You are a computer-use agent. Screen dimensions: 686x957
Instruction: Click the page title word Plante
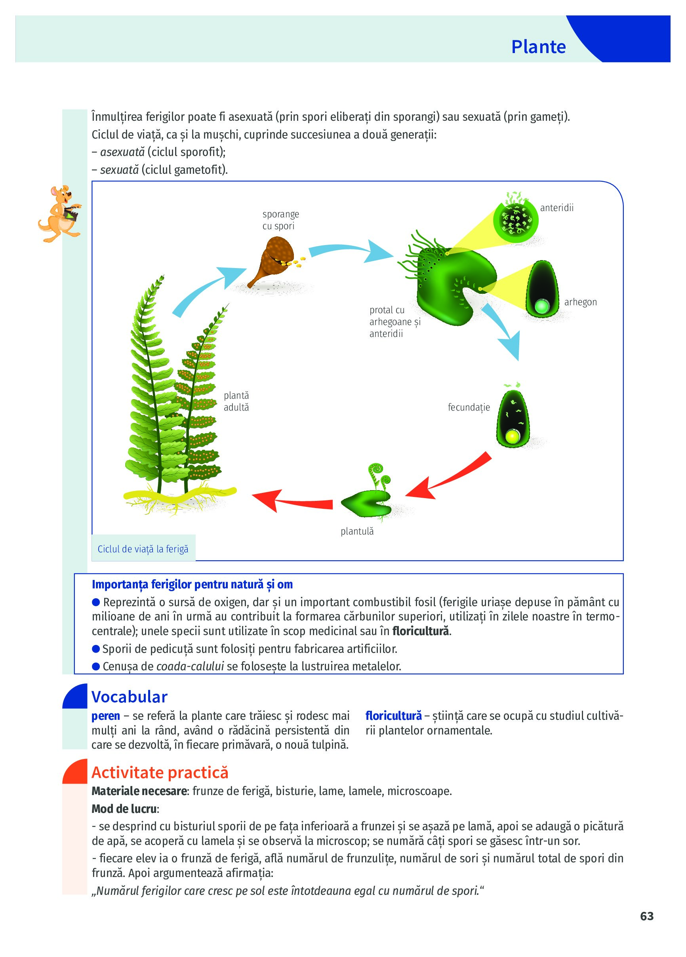pos(538,47)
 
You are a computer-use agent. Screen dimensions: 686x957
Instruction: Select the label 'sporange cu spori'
pos(280,220)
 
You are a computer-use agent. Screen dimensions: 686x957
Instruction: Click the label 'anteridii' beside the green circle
pos(557,207)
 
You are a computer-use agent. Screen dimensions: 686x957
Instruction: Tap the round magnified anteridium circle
pos(516,220)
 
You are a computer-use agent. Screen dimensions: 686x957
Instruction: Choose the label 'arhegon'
pos(581,302)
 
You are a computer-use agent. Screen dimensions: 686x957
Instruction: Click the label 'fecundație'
pos(469,407)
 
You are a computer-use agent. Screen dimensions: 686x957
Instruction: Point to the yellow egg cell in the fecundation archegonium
pos(513,436)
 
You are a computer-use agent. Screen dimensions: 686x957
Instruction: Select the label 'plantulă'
pos(357,531)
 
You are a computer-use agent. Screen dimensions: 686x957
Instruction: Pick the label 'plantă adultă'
pos(236,401)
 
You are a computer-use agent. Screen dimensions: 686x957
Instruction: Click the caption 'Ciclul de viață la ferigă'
pos(143,549)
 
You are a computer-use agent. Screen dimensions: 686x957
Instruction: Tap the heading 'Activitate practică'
pos(160,772)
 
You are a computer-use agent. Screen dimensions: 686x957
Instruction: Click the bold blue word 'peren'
pos(105,716)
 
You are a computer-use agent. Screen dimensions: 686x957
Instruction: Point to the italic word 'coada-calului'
pos(190,666)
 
